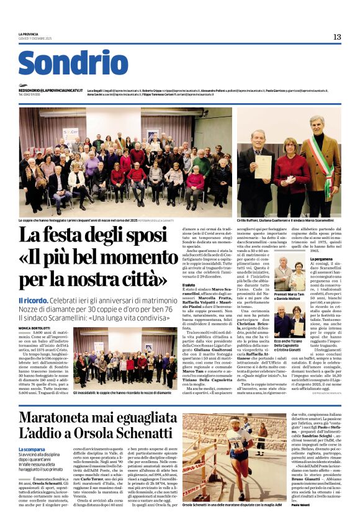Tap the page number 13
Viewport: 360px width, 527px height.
pos(336,37)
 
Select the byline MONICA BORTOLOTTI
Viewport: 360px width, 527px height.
pos(36,310)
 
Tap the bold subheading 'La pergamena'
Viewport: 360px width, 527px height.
pos(320,258)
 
